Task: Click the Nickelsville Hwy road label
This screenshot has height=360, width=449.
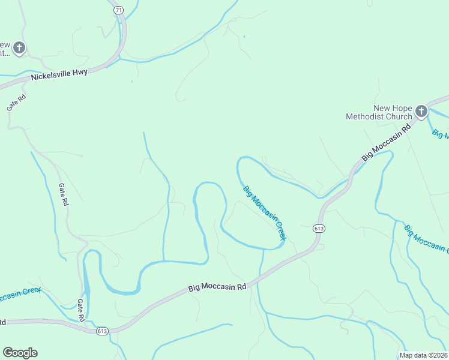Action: [59, 74]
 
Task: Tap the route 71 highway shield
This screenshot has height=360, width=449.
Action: [118, 10]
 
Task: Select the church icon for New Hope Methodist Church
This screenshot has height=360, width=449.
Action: [421, 111]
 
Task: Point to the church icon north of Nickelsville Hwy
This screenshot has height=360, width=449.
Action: [19, 47]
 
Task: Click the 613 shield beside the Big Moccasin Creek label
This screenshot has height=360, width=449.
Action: [319, 229]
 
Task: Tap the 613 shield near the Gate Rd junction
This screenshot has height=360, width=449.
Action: [101, 331]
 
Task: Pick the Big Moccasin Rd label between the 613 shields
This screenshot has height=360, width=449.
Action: [217, 287]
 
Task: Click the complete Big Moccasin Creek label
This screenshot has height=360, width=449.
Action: [265, 213]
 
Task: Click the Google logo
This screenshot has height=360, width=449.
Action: [20, 353]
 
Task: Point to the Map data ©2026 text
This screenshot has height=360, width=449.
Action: [423, 355]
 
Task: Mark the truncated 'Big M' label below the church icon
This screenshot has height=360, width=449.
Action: [440, 133]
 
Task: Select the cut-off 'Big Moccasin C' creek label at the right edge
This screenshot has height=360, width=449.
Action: [426, 238]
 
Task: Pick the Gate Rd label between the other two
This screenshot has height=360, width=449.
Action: [63, 195]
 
